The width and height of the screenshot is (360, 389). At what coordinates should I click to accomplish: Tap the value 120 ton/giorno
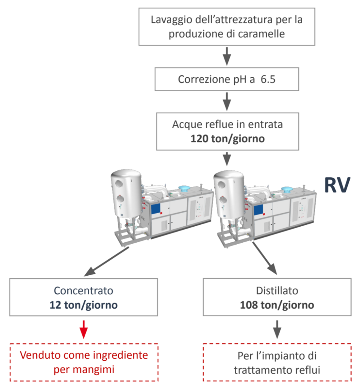point(227,139)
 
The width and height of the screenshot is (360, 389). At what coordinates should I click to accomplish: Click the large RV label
point(337,185)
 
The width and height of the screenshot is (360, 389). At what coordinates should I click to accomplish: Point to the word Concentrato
point(83,291)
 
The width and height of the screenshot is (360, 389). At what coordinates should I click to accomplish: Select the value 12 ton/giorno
point(83,305)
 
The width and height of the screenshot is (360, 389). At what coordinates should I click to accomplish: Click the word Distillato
point(277,291)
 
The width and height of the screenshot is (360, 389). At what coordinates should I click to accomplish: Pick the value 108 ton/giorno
point(277,305)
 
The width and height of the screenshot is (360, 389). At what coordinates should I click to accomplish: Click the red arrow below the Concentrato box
point(83,329)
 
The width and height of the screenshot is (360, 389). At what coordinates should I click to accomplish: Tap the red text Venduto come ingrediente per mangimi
point(84,362)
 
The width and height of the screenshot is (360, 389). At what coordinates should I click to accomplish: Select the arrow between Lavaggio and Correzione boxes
point(227,56)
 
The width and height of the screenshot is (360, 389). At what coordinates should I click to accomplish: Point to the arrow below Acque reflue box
point(227,159)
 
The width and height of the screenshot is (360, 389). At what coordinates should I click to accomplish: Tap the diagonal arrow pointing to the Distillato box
point(265,258)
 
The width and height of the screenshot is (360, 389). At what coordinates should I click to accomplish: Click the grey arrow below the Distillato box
point(277,329)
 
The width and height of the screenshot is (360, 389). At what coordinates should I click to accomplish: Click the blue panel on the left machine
point(156,209)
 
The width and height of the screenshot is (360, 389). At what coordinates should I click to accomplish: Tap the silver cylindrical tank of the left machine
point(126,193)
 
